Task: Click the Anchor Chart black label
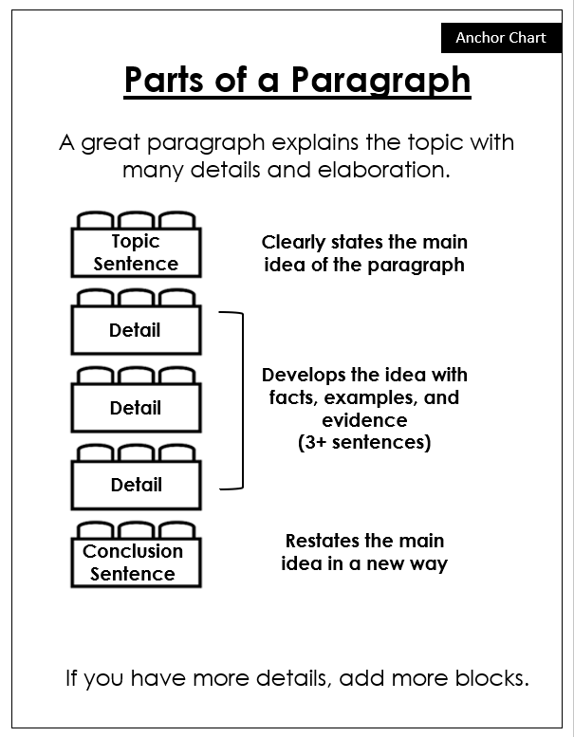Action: coord(501,38)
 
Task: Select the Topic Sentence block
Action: coord(136,252)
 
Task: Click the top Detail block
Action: coord(136,330)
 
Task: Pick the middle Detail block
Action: coord(136,408)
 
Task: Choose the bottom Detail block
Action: coord(136,485)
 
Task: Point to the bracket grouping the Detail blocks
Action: coord(241,400)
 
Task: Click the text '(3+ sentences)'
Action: coord(364,443)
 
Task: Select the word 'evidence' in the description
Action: coord(364,420)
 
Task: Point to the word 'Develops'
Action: coord(303,375)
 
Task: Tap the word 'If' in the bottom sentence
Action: coord(72,679)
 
